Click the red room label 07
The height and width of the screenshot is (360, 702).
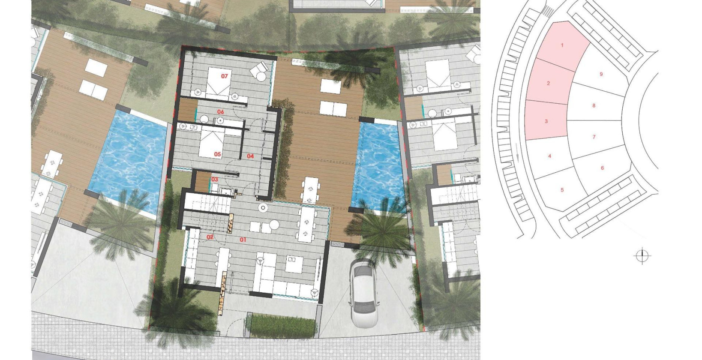pyautogui.click(x=225, y=76)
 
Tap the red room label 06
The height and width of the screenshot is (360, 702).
pyautogui.click(x=221, y=112)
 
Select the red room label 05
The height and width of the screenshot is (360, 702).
pyautogui.click(x=217, y=154)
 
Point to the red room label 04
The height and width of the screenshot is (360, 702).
pyautogui.click(x=250, y=156)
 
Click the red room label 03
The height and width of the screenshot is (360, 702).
pyautogui.click(x=214, y=180)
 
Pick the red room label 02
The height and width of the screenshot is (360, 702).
pyautogui.click(x=210, y=237)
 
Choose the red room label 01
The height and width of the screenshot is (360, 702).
pyautogui.click(x=243, y=240)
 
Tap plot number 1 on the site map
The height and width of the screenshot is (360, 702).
pyautogui.click(x=562, y=45)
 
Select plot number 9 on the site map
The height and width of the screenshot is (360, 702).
pyautogui.click(x=601, y=74)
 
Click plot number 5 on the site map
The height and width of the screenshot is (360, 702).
pyautogui.click(x=562, y=190)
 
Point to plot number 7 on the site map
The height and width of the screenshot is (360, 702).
pyautogui.click(x=594, y=137)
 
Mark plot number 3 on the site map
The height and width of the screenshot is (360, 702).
pyautogui.click(x=546, y=121)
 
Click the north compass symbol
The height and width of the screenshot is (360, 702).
pyautogui.click(x=642, y=256)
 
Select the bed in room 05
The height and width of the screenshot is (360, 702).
pyautogui.click(x=211, y=144)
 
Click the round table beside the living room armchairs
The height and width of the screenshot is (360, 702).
pyautogui.click(x=274, y=225)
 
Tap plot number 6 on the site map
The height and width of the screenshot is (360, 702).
pyautogui.click(x=602, y=168)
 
